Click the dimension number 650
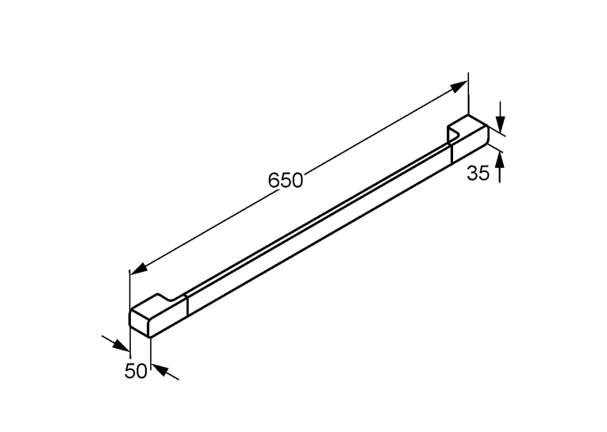tap(286, 180)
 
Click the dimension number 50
tap(136, 371)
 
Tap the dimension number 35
tap(478, 173)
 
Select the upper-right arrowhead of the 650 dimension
tap(459, 86)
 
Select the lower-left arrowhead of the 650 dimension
tap(139, 269)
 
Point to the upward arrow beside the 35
tap(500, 166)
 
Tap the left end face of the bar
tap(140, 323)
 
